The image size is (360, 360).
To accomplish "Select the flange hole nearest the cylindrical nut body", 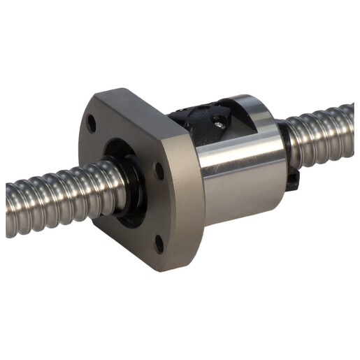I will coord(160,168).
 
